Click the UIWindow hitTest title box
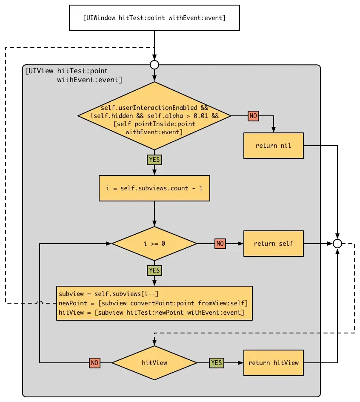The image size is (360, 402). pos(154,18)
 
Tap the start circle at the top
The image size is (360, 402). pos(154,64)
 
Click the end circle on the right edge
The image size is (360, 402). pos(337,244)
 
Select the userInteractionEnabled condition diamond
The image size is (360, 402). pos(154,116)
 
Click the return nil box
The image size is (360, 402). pos(273,146)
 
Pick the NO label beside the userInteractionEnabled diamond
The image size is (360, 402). pos(254,116)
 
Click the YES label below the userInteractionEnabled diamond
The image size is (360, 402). pos(154,160)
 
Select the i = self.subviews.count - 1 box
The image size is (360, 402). pos(154,188)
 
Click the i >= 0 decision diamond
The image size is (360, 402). pos(154,244)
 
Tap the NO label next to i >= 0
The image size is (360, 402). pos(220,244)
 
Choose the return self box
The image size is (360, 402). pos(273,244)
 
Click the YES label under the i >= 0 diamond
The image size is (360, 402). pos(154,270)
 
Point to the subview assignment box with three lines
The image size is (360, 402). pos(154,303)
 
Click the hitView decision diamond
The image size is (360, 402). pos(154,363)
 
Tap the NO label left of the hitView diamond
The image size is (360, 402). pos(95,363)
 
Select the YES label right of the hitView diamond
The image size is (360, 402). pos(217,363)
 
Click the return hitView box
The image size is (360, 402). pos(273,363)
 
